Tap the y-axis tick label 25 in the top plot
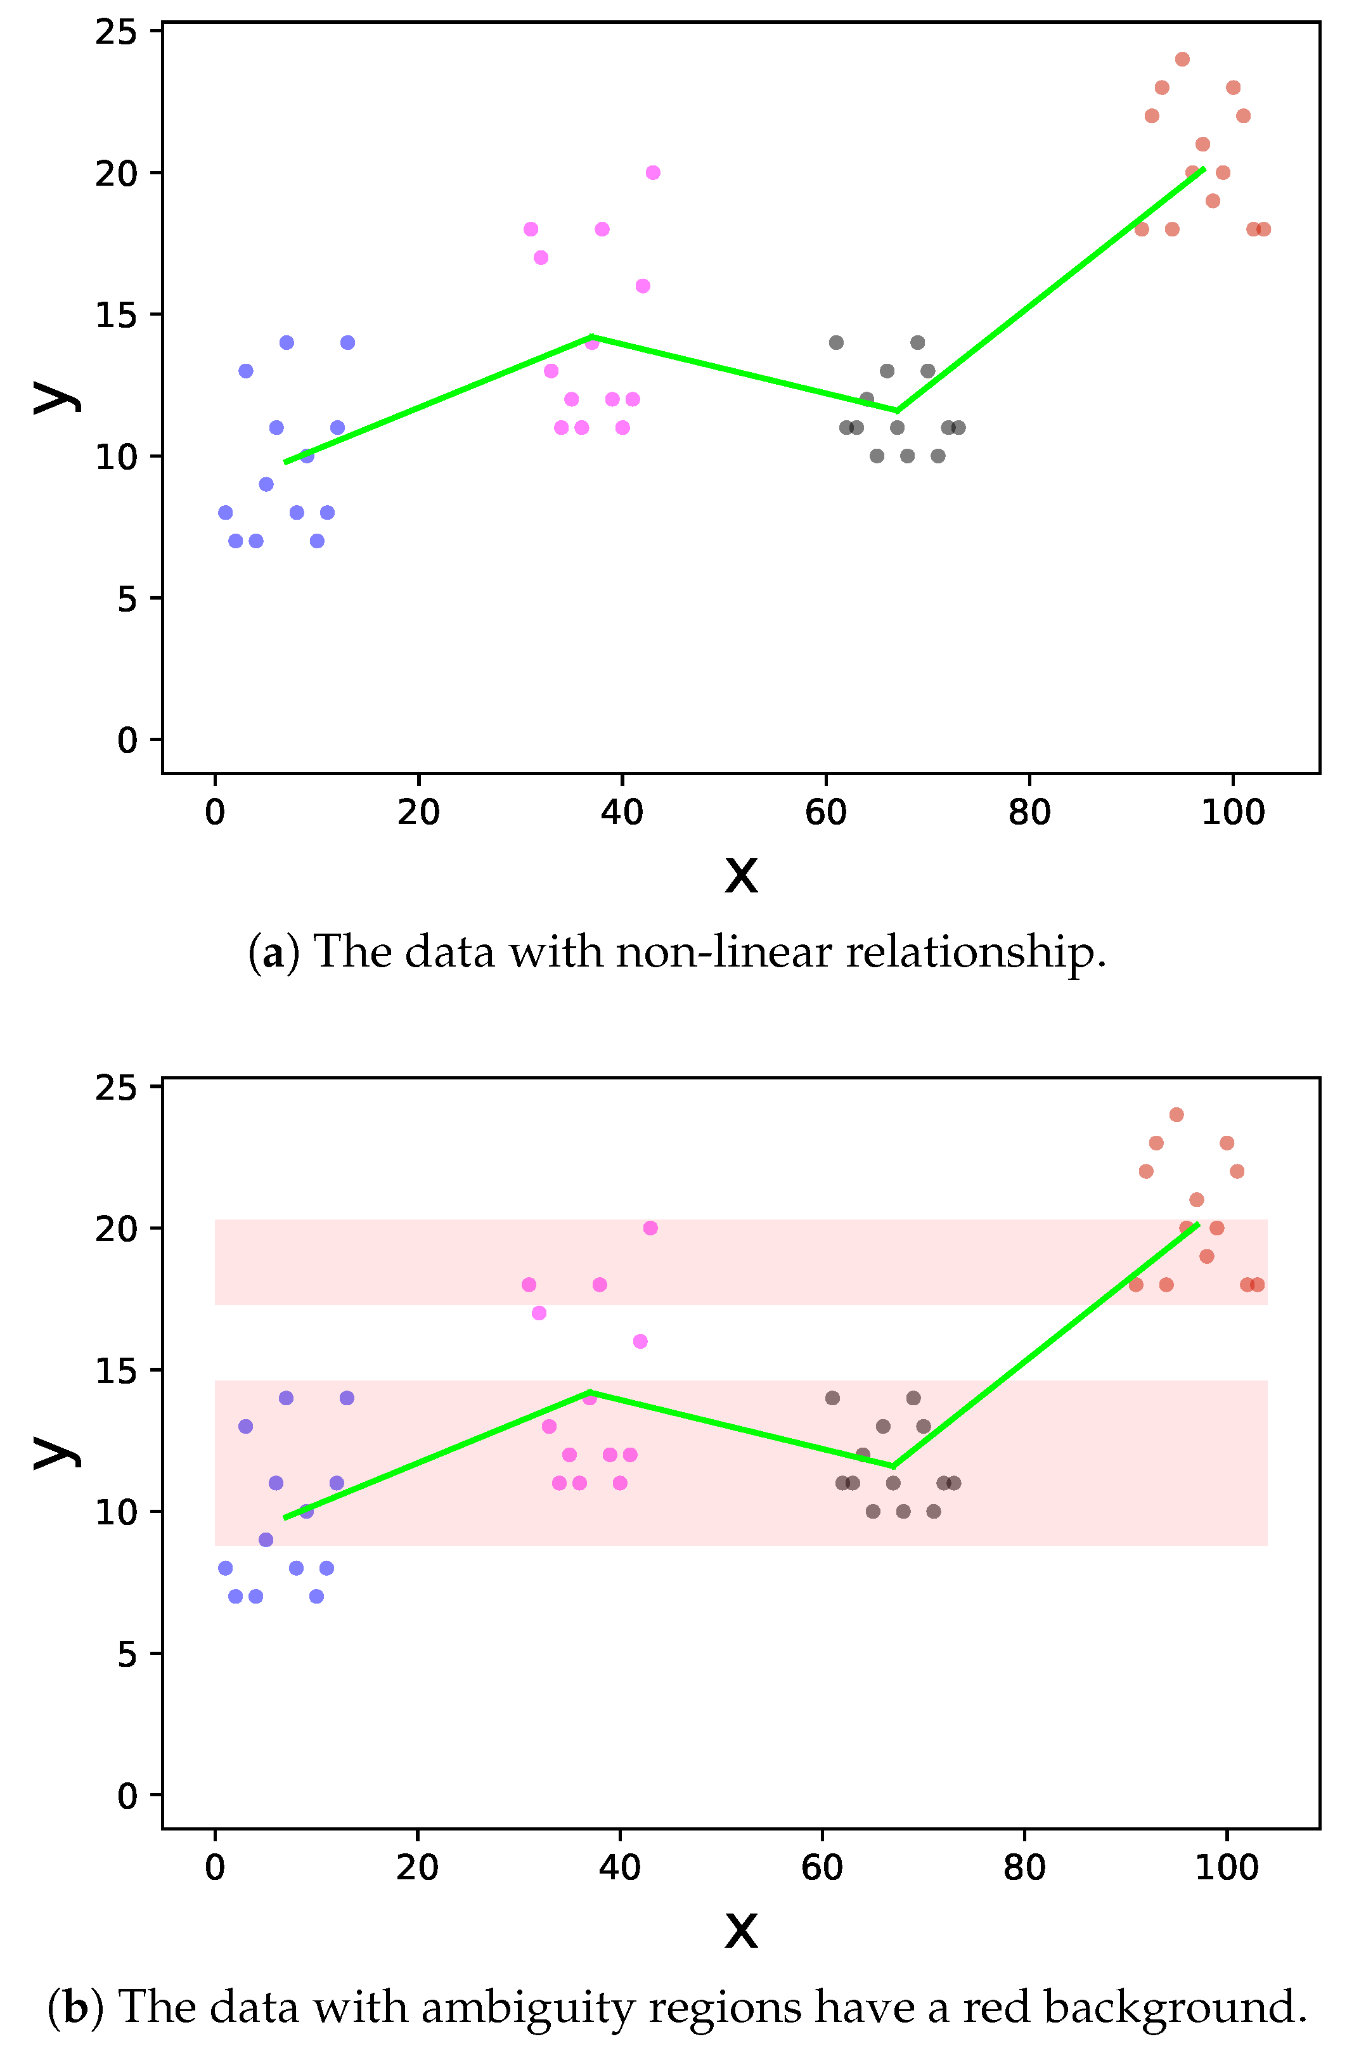[x=116, y=33]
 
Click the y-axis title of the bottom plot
[x=55, y=1453]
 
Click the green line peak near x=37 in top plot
[x=591, y=337]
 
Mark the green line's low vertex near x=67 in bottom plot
[x=894, y=1467]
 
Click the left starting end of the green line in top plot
[x=285, y=463]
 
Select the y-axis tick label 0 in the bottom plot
[x=127, y=1797]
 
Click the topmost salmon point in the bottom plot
[x=1176, y=1115]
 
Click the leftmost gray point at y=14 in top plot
[x=835, y=343]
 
